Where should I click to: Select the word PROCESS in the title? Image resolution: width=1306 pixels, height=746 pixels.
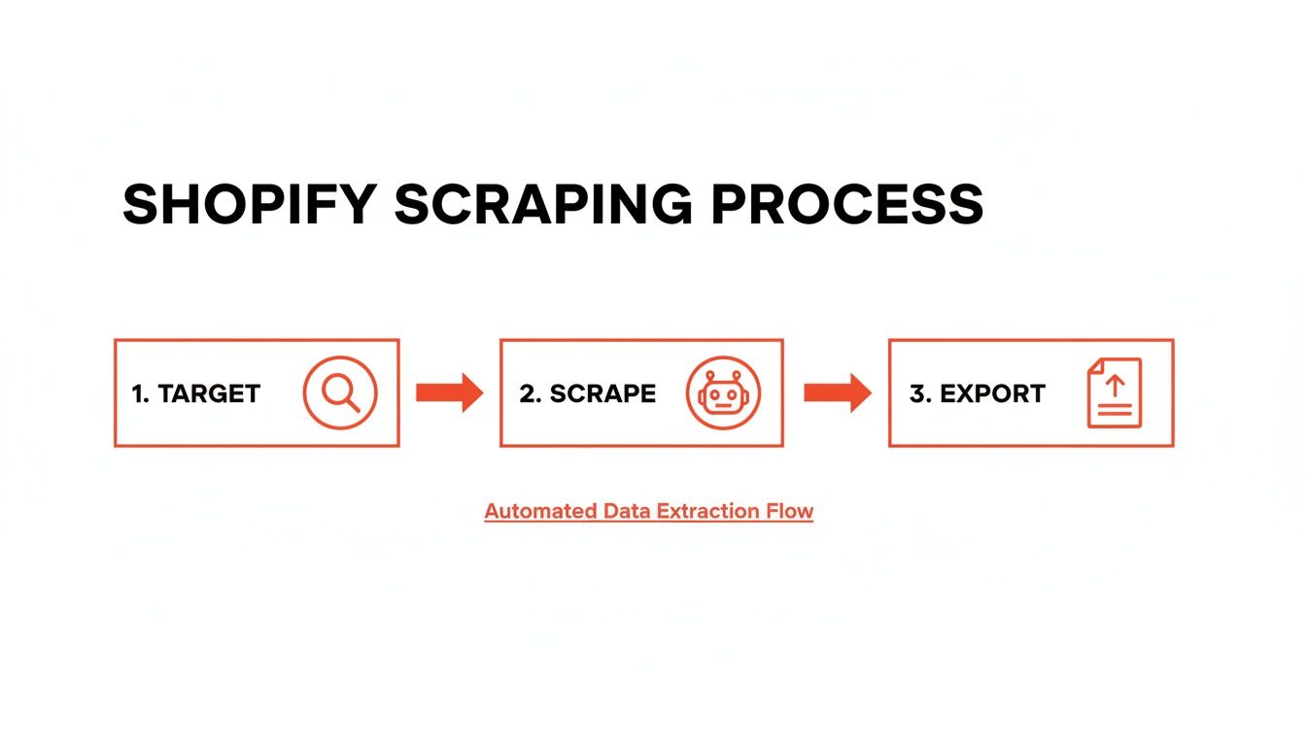(847, 205)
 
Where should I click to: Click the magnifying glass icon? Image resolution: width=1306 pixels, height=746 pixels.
(339, 392)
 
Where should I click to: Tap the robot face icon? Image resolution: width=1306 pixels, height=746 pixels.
(724, 393)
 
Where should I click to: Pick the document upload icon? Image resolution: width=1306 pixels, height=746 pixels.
(1114, 392)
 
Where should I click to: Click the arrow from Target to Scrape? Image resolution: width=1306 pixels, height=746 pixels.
(449, 392)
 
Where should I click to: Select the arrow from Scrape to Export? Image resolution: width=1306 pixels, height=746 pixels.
(837, 392)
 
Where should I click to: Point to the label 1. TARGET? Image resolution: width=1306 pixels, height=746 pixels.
(195, 393)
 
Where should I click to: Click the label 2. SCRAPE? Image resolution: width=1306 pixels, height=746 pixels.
(587, 393)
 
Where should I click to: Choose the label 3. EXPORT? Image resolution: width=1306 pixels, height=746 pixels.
(977, 393)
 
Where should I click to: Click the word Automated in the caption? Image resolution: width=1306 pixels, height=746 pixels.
(539, 511)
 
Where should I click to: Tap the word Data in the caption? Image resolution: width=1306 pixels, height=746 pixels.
(626, 511)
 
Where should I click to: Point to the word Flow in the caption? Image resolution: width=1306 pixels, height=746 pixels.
(791, 511)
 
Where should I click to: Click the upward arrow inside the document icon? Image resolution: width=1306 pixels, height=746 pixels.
(1115, 385)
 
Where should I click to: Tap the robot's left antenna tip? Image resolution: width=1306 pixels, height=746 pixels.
(711, 373)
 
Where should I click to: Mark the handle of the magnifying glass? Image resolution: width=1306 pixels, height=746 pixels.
(352, 405)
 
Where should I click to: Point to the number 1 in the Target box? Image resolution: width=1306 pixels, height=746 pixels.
(137, 393)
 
